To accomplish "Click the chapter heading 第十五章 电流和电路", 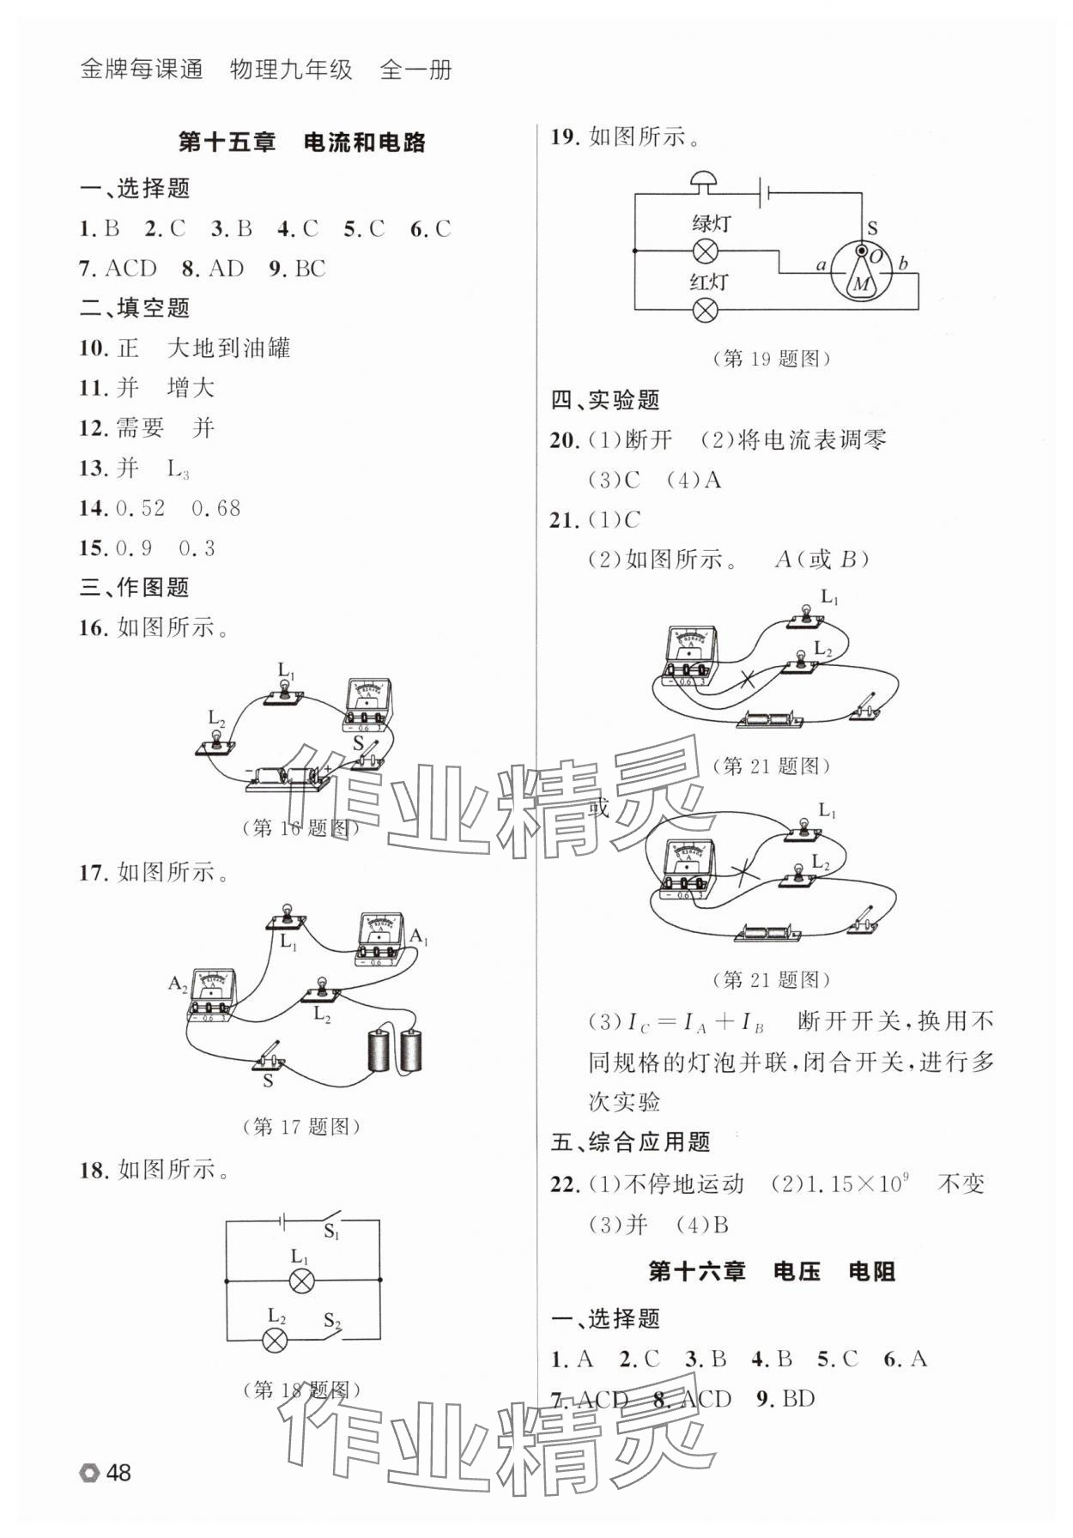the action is tap(301, 142).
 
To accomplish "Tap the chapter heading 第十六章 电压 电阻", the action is tap(771, 1271).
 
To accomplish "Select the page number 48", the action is tap(118, 1473).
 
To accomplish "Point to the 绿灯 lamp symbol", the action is tap(706, 251).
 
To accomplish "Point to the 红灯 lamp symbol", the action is tap(706, 309).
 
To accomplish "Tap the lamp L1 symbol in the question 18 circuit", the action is tap(300, 1281).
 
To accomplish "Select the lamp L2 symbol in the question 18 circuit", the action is tap(275, 1340).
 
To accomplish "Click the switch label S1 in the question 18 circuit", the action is tap(331, 1232).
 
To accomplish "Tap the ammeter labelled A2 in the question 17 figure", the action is tap(212, 997).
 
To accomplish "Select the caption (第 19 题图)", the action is tap(772, 359).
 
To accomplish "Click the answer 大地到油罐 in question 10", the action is tap(228, 348).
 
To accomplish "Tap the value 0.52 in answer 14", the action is tap(140, 508).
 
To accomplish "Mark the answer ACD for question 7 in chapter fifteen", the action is tap(130, 269).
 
